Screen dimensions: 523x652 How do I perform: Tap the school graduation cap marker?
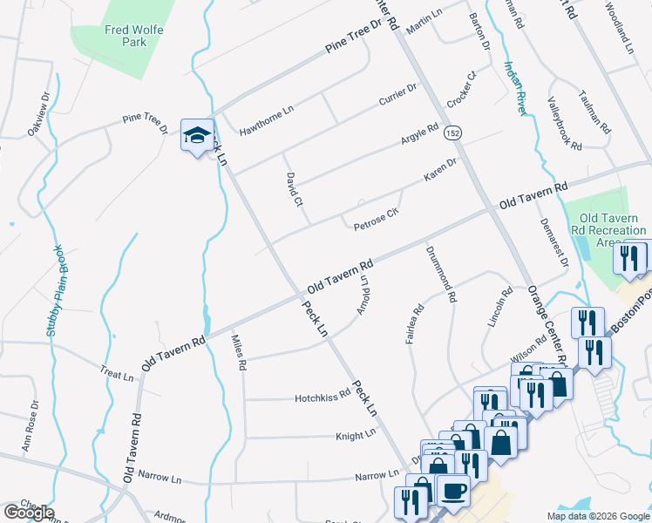pyautogui.click(x=197, y=137)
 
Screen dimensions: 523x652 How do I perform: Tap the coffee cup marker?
pyautogui.click(x=452, y=491)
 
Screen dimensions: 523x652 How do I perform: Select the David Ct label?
pyautogui.click(x=293, y=189)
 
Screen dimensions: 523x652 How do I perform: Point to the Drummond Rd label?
pyautogui.click(x=439, y=274)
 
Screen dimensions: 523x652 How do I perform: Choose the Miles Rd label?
pyautogui.click(x=237, y=352)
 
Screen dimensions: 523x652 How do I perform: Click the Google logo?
pyautogui.click(x=29, y=513)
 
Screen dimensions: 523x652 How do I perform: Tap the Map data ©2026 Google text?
pyautogui.click(x=598, y=516)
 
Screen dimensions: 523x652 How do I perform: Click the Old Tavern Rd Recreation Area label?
pyautogui.click(x=601, y=229)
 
